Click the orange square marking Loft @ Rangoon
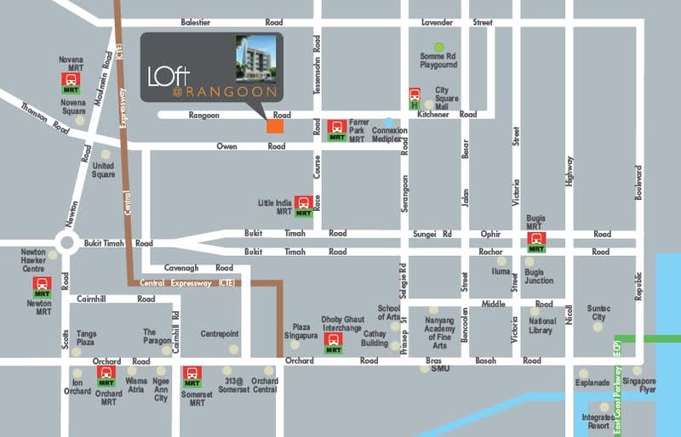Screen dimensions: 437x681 pyautogui.click(x=274, y=126)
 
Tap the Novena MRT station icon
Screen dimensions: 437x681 pyautogui.click(x=72, y=83)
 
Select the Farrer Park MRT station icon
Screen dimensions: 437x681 pyautogui.click(x=337, y=130)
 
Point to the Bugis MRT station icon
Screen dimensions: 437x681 pyautogui.click(x=536, y=241)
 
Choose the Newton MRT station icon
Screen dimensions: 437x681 pyautogui.click(x=42, y=287)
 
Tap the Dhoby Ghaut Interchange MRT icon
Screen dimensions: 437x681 pyautogui.click(x=334, y=343)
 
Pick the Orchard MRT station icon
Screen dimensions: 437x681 pyautogui.click(x=106, y=376)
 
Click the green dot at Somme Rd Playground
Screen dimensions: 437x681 pyautogui.click(x=439, y=47)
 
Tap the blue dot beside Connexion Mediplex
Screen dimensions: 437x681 pyautogui.click(x=389, y=122)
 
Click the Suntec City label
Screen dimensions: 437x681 pyautogui.click(x=598, y=313)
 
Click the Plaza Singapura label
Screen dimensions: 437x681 pyautogui.click(x=301, y=330)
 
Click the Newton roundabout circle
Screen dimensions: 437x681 pyautogui.click(x=67, y=243)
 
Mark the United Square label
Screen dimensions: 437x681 pyautogui.click(x=103, y=170)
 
